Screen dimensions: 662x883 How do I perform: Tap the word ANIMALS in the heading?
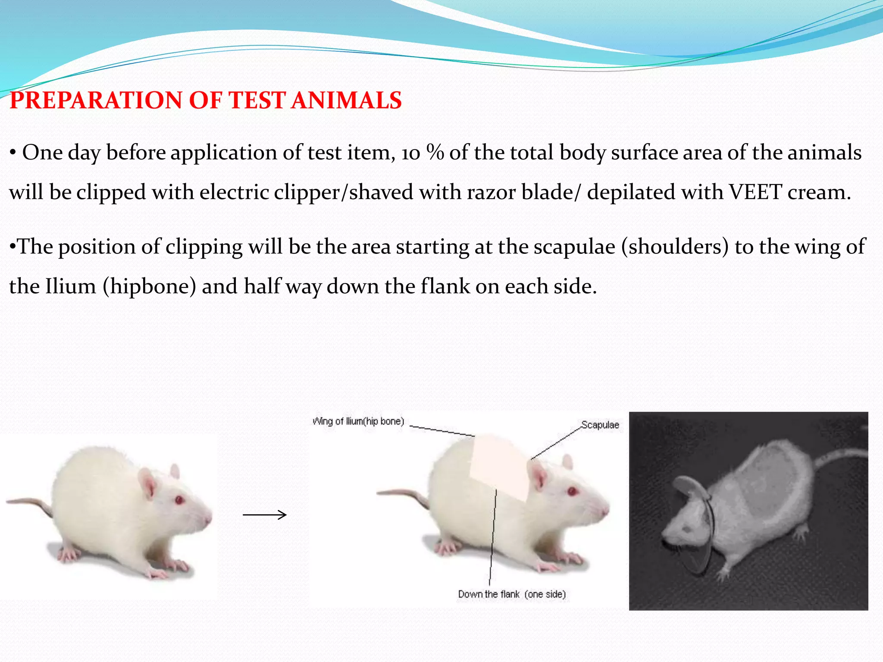(346, 100)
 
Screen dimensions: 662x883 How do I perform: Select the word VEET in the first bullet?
(755, 192)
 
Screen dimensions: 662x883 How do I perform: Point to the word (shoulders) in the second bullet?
(675, 247)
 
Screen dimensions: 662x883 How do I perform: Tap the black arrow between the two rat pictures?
(265, 515)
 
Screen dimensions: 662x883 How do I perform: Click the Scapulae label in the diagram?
(600, 425)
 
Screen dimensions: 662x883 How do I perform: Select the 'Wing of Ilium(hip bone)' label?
(358, 421)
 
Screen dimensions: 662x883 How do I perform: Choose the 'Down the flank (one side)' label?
(512, 594)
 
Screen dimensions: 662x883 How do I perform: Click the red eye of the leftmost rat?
(179, 500)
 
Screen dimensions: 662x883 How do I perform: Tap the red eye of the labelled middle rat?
(573, 491)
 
